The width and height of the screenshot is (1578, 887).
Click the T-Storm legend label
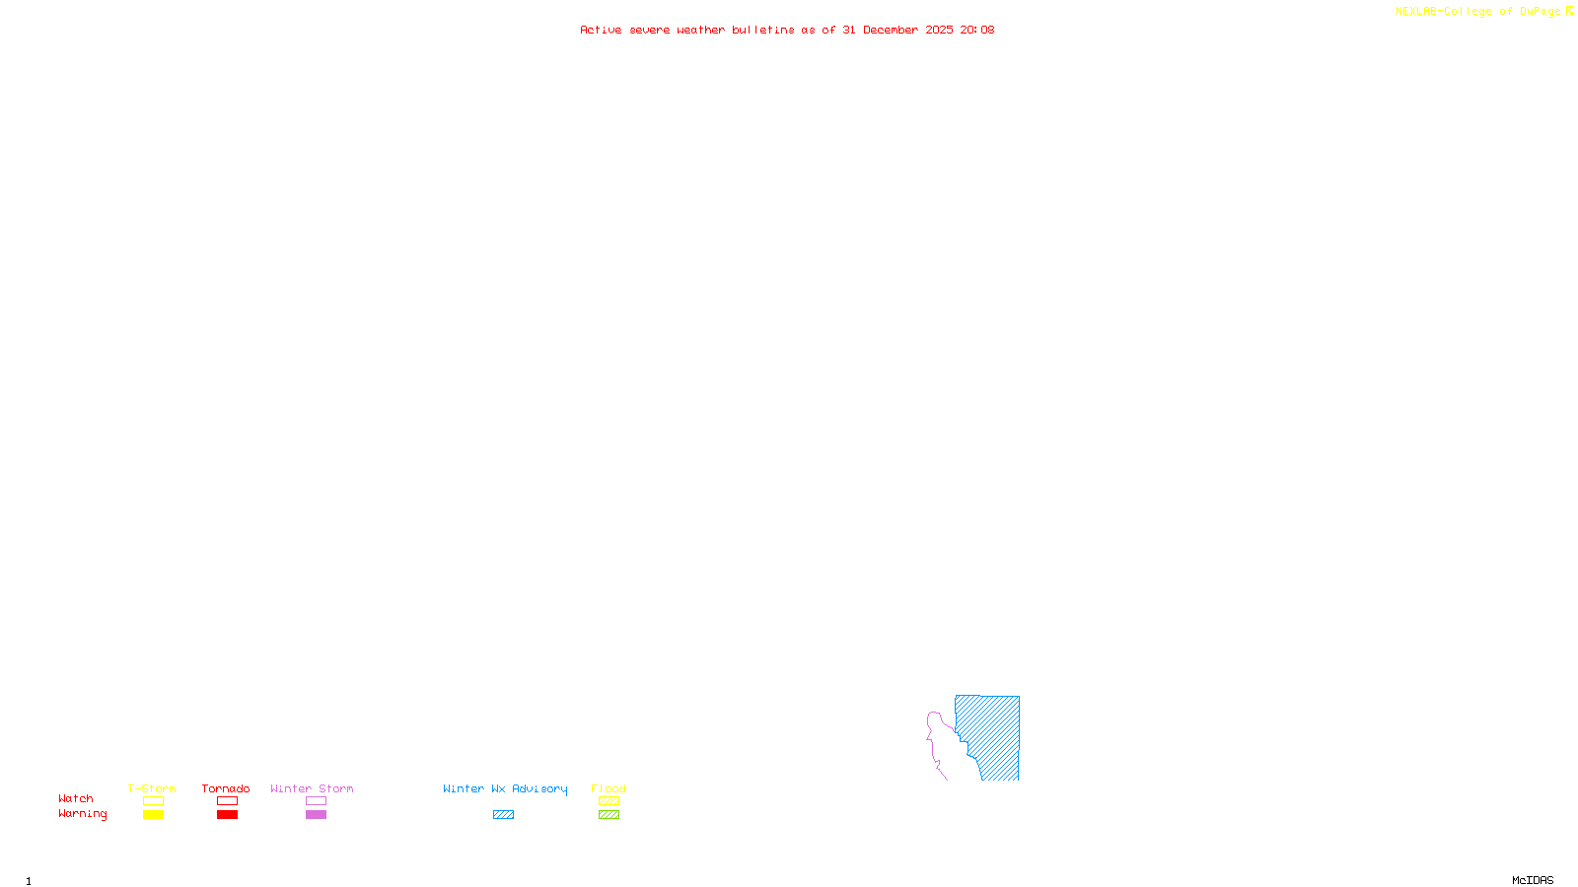tap(152, 788)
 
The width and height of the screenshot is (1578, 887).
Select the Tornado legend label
tap(226, 788)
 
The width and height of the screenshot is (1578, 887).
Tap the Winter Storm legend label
tap(312, 788)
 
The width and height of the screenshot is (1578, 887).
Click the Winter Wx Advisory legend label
tap(505, 788)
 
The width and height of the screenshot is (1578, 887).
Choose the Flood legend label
tap(609, 788)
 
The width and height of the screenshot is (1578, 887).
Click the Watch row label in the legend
tap(76, 799)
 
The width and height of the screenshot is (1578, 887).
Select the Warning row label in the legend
tap(83, 814)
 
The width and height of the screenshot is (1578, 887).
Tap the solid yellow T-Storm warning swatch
tap(153, 815)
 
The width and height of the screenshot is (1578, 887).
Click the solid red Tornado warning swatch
tap(227, 815)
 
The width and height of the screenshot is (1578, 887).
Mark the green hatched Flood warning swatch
tap(609, 815)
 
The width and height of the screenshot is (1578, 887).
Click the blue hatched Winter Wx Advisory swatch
tap(503, 815)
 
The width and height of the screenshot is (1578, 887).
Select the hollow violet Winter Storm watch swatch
tap(316, 801)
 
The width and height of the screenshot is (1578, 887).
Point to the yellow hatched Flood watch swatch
tap(609, 801)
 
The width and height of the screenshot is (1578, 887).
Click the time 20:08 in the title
tap(977, 31)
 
